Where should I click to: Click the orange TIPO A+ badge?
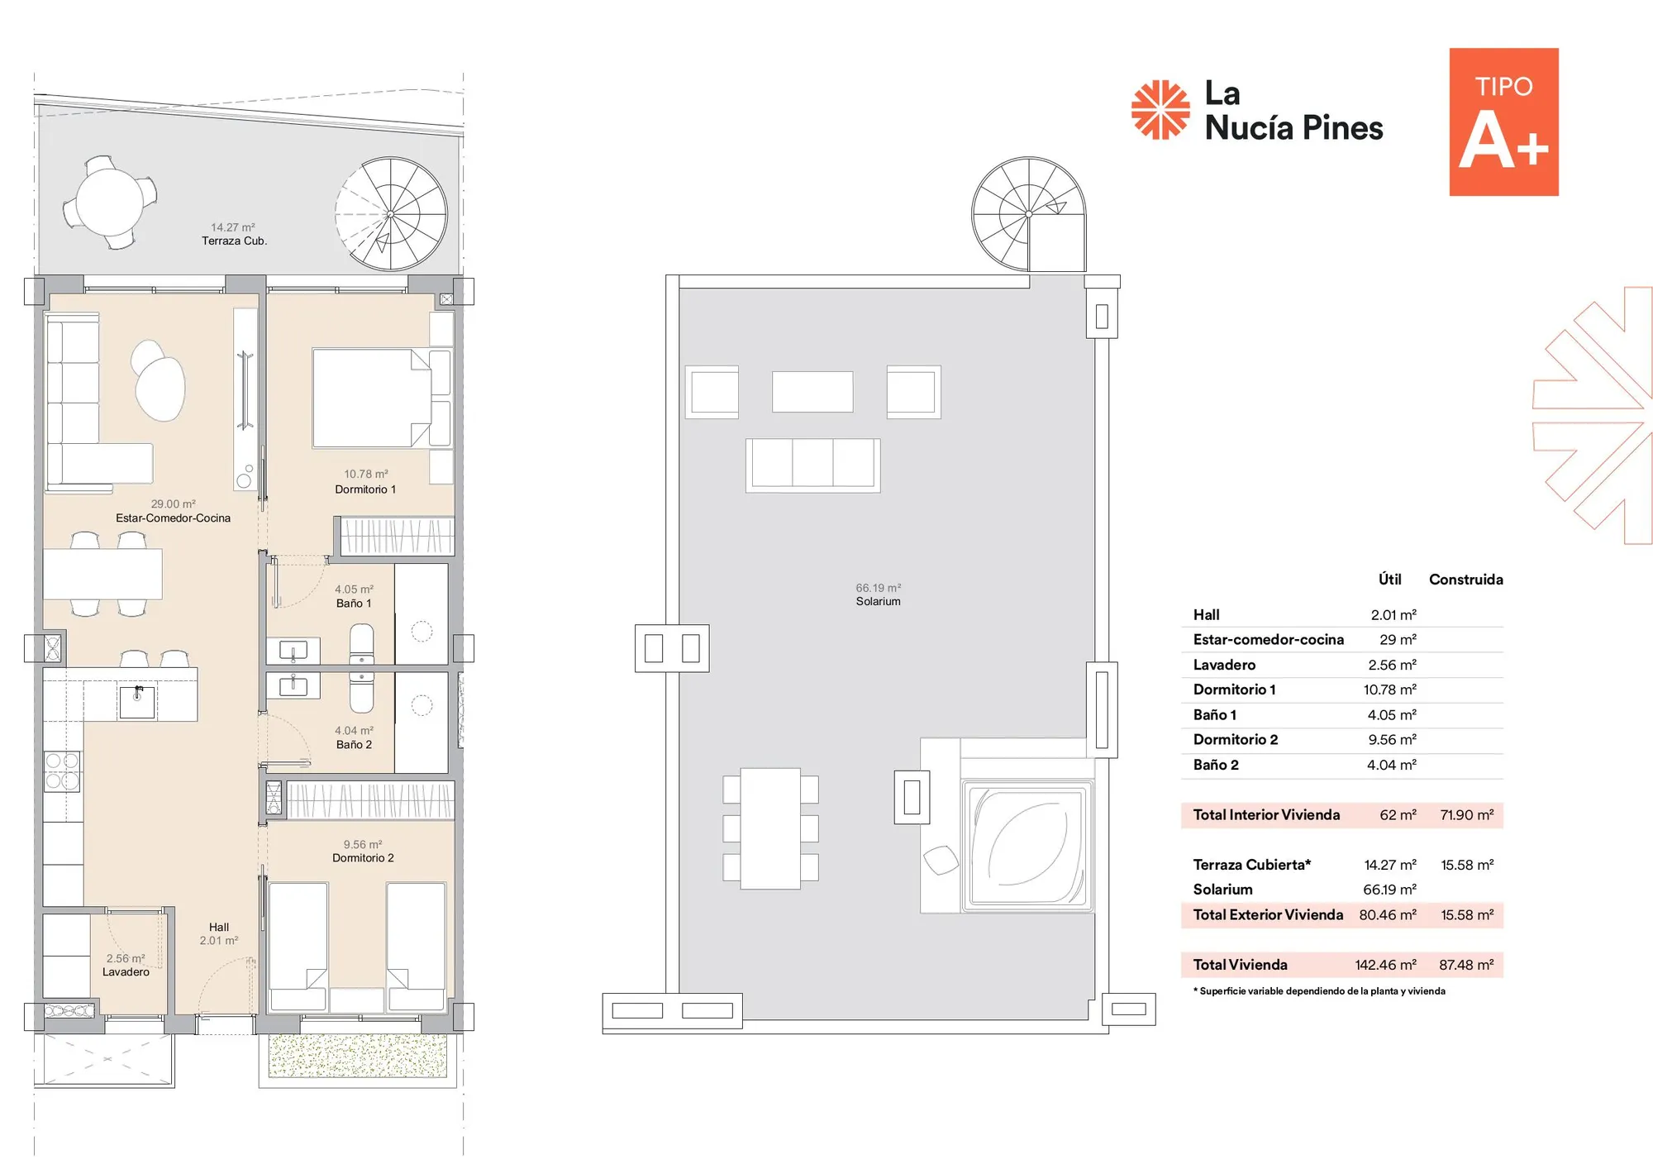coord(1503,122)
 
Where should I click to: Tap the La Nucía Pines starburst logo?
coord(1160,109)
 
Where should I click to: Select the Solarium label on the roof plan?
coord(878,601)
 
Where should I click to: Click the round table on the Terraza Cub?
coord(110,202)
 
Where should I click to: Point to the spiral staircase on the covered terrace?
coord(391,214)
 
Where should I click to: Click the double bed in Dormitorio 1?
coord(371,398)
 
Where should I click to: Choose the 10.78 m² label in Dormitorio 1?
coord(366,474)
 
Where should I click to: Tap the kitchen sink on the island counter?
coord(137,702)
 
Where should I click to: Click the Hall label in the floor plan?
coord(219,927)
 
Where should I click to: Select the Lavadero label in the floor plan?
coord(126,972)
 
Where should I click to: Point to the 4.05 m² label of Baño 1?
coord(354,589)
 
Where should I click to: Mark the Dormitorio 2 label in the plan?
coord(363,858)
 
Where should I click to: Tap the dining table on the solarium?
coord(770,828)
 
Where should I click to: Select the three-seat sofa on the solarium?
coord(813,465)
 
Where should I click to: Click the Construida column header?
coord(1466,580)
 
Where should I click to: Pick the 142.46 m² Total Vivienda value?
coord(1386,965)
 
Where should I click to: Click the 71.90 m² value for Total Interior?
coord(1467,815)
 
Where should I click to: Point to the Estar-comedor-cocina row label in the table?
coord(1269,640)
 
